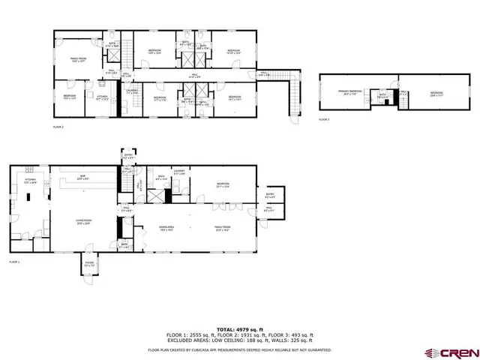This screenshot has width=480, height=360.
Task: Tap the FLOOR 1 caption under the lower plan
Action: [x=15, y=262]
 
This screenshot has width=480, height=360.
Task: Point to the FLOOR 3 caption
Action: [x=323, y=119]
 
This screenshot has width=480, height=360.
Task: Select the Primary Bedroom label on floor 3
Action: [x=350, y=92]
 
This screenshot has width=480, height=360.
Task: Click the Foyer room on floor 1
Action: [x=90, y=264]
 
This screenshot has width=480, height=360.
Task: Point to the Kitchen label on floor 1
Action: [x=31, y=181]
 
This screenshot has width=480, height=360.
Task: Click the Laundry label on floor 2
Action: [x=132, y=92]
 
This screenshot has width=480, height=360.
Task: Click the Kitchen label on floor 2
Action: [x=100, y=97]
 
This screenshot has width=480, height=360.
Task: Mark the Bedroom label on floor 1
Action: [x=223, y=184]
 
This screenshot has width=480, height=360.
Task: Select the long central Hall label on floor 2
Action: [x=193, y=76]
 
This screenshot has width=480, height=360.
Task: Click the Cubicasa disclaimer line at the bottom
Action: [x=239, y=349]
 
